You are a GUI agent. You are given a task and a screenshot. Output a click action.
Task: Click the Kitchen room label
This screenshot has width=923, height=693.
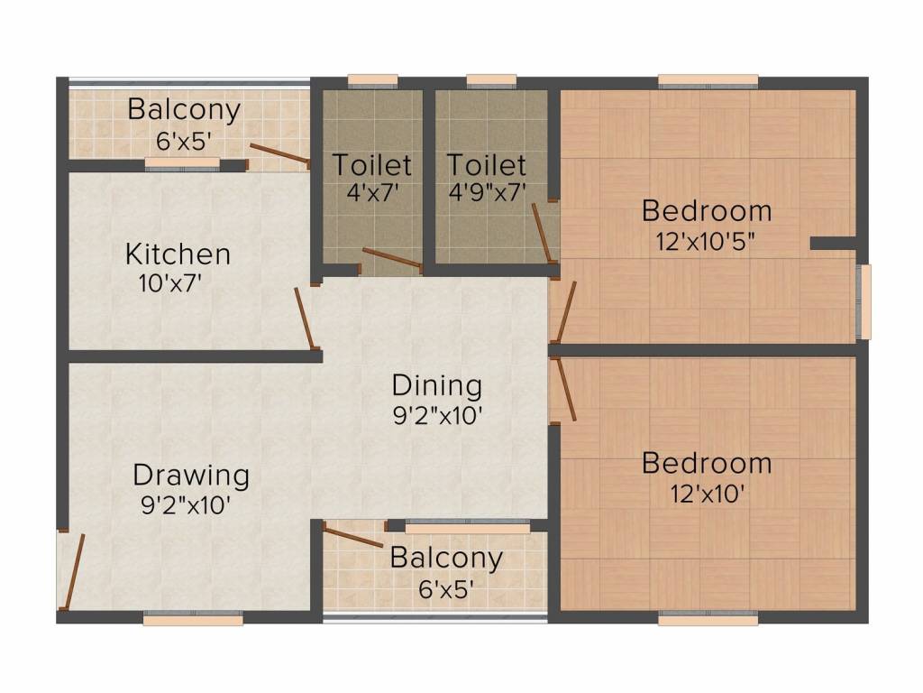point(178,254)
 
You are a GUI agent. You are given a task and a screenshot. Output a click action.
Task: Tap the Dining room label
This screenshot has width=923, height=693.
point(436,385)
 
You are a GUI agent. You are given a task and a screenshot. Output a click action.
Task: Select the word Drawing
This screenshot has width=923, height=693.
point(191,475)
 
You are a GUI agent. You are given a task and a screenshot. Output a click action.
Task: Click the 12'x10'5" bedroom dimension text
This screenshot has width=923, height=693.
point(707,242)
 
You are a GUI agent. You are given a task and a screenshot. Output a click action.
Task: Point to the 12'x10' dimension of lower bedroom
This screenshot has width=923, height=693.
point(707,494)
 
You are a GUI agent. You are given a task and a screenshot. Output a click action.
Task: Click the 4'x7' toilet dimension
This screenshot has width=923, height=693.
point(371,194)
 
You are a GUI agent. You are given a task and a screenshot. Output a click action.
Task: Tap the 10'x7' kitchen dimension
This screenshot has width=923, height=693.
point(169,283)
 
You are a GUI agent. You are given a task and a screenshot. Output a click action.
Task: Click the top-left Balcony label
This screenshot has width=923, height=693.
point(184,110)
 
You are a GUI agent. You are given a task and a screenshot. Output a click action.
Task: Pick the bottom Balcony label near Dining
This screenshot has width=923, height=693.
point(446,558)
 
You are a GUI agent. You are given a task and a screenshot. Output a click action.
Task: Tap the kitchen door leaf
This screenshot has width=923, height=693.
point(306,319)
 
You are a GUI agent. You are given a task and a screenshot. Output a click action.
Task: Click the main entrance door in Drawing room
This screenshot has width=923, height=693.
point(72,571)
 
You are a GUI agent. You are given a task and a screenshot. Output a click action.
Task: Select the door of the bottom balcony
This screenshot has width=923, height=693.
point(353,538)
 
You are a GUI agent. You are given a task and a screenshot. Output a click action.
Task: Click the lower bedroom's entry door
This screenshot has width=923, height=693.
point(566,390)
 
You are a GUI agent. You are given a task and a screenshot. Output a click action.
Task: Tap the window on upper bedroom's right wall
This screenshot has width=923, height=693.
point(864,302)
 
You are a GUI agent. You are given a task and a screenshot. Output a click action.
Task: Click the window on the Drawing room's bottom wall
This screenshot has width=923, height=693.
point(193,620)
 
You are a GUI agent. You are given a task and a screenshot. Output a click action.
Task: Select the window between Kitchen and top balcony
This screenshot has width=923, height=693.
point(182,163)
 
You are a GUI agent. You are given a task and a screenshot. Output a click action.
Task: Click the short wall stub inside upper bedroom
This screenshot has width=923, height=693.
point(832,243)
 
